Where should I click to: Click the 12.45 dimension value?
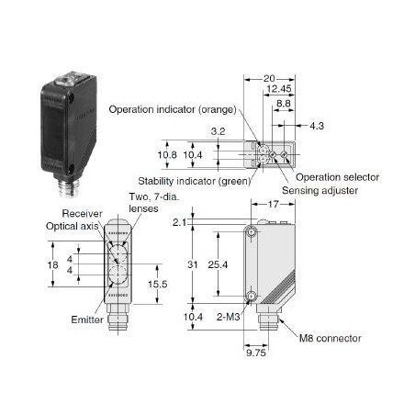pyautogui.click(x=279, y=89)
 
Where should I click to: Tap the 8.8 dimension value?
pyautogui.click(x=284, y=104)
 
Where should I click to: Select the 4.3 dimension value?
pyautogui.click(x=317, y=126)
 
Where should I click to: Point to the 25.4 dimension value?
pyautogui.click(x=218, y=264)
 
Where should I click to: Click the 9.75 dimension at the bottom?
pyautogui.click(x=256, y=353)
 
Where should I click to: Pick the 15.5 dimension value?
pyautogui.click(x=158, y=284)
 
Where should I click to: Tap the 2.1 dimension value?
pyautogui.click(x=179, y=222)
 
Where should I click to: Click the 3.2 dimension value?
pyautogui.click(x=218, y=131)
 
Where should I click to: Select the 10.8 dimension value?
pyautogui.click(x=167, y=155)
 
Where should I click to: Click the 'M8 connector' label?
pyautogui.click(x=330, y=338)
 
